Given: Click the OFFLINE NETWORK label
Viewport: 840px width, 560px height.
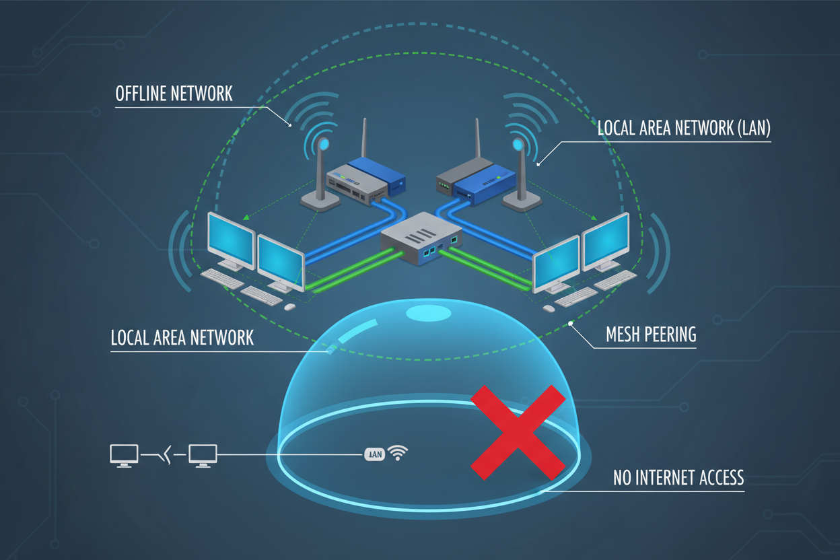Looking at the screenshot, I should pyautogui.click(x=174, y=94).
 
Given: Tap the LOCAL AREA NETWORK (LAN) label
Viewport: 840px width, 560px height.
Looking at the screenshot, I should pyautogui.click(x=683, y=129).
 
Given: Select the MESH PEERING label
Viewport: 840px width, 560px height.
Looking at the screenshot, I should pyautogui.click(x=650, y=335).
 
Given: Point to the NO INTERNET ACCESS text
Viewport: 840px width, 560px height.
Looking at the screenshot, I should pyautogui.click(x=678, y=478).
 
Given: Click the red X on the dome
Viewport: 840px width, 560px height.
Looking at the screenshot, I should pyautogui.click(x=518, y=432).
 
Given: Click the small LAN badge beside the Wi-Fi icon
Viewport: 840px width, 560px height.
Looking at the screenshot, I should pyautogui.click(x=375, y=454).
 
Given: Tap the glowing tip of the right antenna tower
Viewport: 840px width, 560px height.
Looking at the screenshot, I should pyautogui.click(x=518, y=144).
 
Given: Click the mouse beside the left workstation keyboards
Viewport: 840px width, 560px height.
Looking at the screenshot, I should pyautogui.click(x=290, y=307).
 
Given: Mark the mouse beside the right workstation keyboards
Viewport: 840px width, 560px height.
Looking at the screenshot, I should pyautogui.click(x=548, y=308).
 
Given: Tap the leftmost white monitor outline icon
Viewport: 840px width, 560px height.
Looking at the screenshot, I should pyautogui.click(x=124, y=454).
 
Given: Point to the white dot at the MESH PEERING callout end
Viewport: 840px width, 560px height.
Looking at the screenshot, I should pyautogui.click(x=571, y=324).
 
